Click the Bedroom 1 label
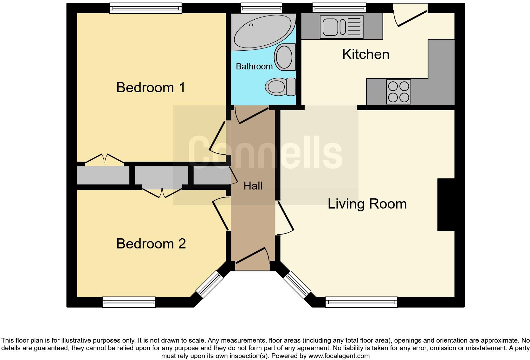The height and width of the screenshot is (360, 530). click(151, 87)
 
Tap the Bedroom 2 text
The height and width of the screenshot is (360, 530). click(151, 244)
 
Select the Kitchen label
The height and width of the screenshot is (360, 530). click(366, 54)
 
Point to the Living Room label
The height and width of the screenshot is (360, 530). click(367, 204)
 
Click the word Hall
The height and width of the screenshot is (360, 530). click(253, 186)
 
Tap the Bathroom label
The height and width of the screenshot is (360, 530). click(254, 66)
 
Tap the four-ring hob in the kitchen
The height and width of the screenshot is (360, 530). click(398, 92)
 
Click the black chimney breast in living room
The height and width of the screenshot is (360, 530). click(446, 204)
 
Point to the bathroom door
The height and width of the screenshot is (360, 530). click(253, 116)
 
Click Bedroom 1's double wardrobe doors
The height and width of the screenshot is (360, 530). click(104, 159)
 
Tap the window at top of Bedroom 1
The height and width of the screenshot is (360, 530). click(145, 8)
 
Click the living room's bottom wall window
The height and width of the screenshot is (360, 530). click(361, 302)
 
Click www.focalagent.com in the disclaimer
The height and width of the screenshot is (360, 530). click(339, 356)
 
